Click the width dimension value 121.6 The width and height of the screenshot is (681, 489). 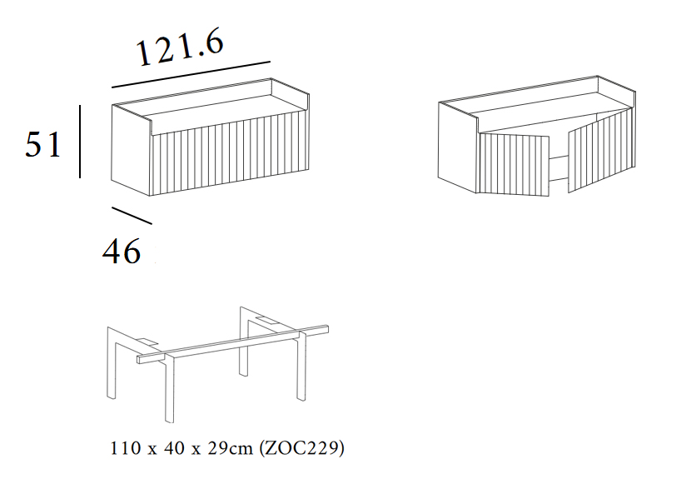coord(180,47)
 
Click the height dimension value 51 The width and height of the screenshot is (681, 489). coord(43,145)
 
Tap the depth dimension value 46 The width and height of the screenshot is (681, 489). coord(122,252)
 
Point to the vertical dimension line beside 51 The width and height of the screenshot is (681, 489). coord(80,142)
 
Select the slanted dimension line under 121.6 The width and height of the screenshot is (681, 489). coord(191,74)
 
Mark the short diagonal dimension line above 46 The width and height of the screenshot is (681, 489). coord(132,216)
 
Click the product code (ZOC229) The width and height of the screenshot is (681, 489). coord(301,447)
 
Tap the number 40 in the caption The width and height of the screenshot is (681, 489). coord(174,448)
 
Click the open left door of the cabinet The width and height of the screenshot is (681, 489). coord(514,165)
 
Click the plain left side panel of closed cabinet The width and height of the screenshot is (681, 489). coord(131,150)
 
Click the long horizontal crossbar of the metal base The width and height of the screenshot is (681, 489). coord(233,344)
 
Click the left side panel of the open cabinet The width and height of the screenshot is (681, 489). coord(458,147)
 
